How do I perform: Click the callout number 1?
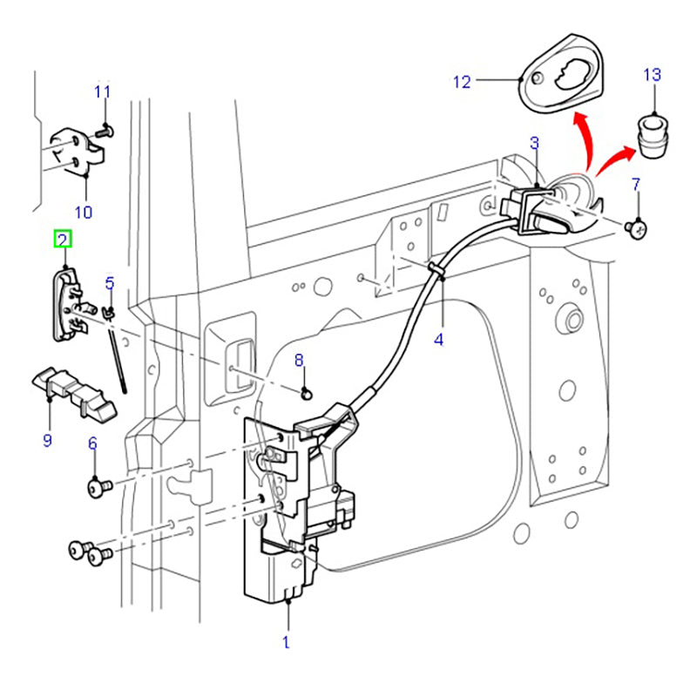(x=286, y=643)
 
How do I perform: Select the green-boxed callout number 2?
(x=64, y=238)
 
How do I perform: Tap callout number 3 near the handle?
(x=534, y=142)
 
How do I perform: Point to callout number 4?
(x=438, y=339)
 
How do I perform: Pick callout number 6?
(x=92, y=443)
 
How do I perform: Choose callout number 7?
(x=635, y=184)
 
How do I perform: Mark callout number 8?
(x=298, y=359)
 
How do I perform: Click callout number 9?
(x=47, y=440)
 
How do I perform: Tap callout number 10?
(x=83, y=211)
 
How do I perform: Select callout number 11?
(x=103, y=91)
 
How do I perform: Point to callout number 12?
(x=462, y=83)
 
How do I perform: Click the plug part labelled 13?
(x=653, y=137)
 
